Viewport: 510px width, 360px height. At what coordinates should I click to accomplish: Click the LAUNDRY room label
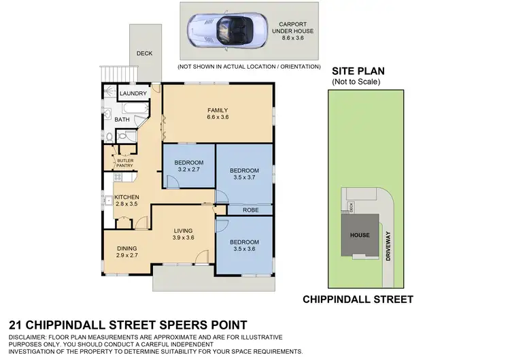pos(133,93)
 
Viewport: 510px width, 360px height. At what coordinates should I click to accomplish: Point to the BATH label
pos(122,120)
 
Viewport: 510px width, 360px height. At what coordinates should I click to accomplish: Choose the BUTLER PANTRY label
pos(125,163)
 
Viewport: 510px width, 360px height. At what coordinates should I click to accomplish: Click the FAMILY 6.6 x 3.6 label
pos(217,114)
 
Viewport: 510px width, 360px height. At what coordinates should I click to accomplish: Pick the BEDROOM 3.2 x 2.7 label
pos(188,166)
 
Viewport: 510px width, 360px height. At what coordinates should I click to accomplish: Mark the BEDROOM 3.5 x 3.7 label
pos(244,174)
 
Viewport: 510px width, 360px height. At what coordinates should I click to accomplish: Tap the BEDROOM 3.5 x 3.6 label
pos(244,246)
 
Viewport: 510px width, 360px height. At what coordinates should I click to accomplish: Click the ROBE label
pos(252,210)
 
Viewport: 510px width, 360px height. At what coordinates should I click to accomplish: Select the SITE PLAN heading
pos(356,71)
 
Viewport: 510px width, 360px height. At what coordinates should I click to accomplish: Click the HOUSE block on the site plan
pos(360,235)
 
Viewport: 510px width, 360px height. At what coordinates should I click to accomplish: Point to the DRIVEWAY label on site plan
pos(388,243)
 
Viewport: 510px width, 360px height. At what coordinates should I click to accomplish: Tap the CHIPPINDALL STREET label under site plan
pos(358,299)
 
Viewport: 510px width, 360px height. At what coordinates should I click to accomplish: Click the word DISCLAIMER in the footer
pos(31,338)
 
